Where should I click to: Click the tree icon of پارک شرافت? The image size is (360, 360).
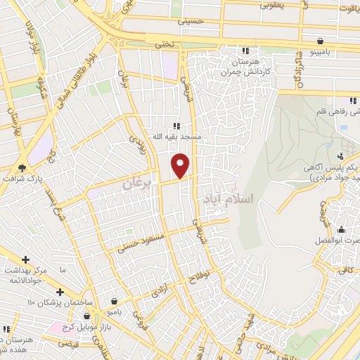pos(22,167)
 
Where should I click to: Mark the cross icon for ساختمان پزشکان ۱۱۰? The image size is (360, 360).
pos(60,292)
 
